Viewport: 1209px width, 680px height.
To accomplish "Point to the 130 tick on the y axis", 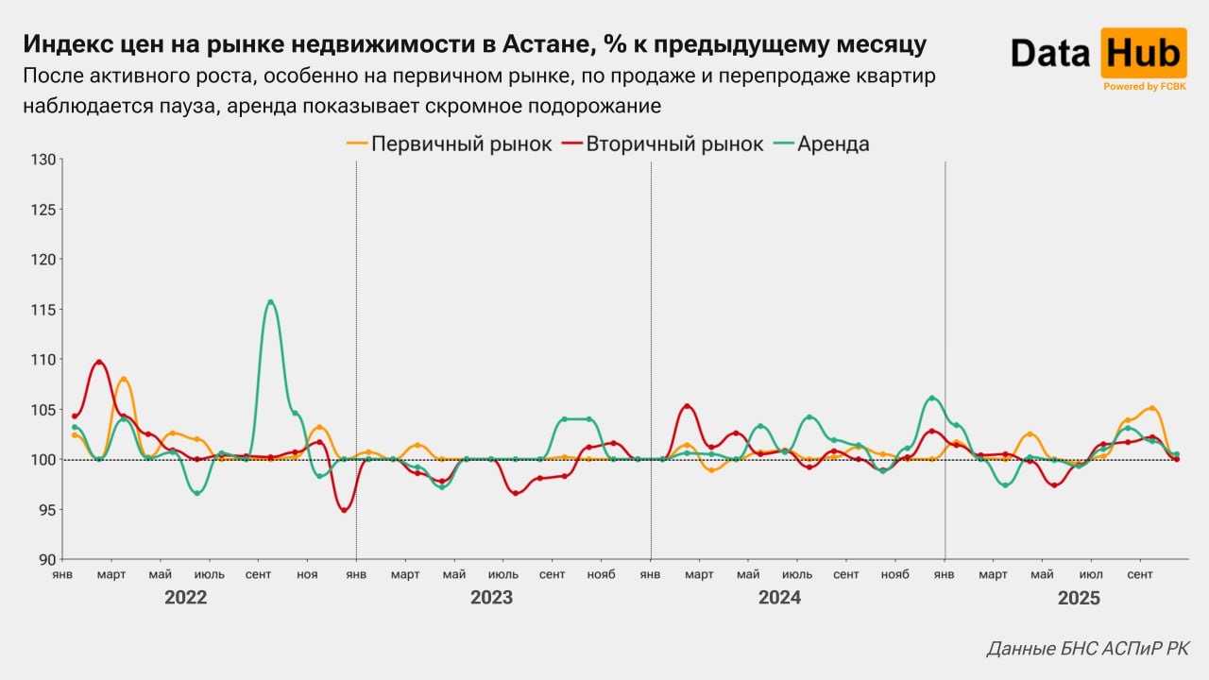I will (43, 160).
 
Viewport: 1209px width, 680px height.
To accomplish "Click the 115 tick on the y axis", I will (43, 310).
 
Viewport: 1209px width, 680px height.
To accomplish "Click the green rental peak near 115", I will (270, 302).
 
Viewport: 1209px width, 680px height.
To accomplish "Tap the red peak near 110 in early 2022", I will (99, 362).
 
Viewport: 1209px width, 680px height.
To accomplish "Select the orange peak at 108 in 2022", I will (123, 380).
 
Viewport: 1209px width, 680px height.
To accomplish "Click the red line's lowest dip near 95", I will (344, 510).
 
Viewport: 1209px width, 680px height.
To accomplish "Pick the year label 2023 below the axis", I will (491, 598).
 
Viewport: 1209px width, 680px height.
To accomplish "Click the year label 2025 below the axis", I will (1080, 598).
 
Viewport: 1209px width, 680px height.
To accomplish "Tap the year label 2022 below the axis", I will (185, 598).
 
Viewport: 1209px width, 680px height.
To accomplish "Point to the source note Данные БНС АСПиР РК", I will (1088, 649).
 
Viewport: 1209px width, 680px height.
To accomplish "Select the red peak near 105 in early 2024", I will (687, 406).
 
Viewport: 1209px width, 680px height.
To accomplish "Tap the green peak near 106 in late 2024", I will (931, 398).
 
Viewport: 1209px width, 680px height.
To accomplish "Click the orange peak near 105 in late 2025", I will (1151, 409).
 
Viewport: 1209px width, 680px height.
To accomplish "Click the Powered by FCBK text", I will (1144, 87).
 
